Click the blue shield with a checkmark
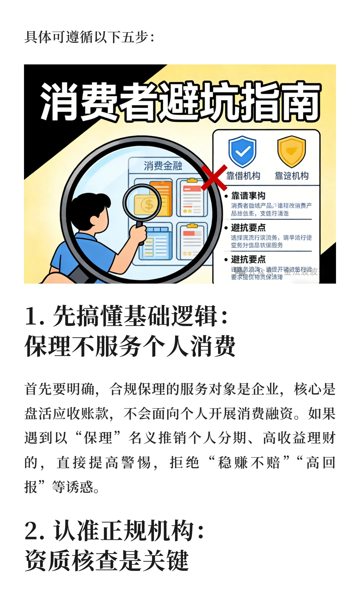coord(242,151)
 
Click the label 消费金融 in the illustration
coord(163,166)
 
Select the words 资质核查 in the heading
coord(72,561)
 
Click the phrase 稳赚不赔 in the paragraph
coord(249,462)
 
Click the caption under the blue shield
coord(243,176)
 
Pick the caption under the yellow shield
coord(291,176)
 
